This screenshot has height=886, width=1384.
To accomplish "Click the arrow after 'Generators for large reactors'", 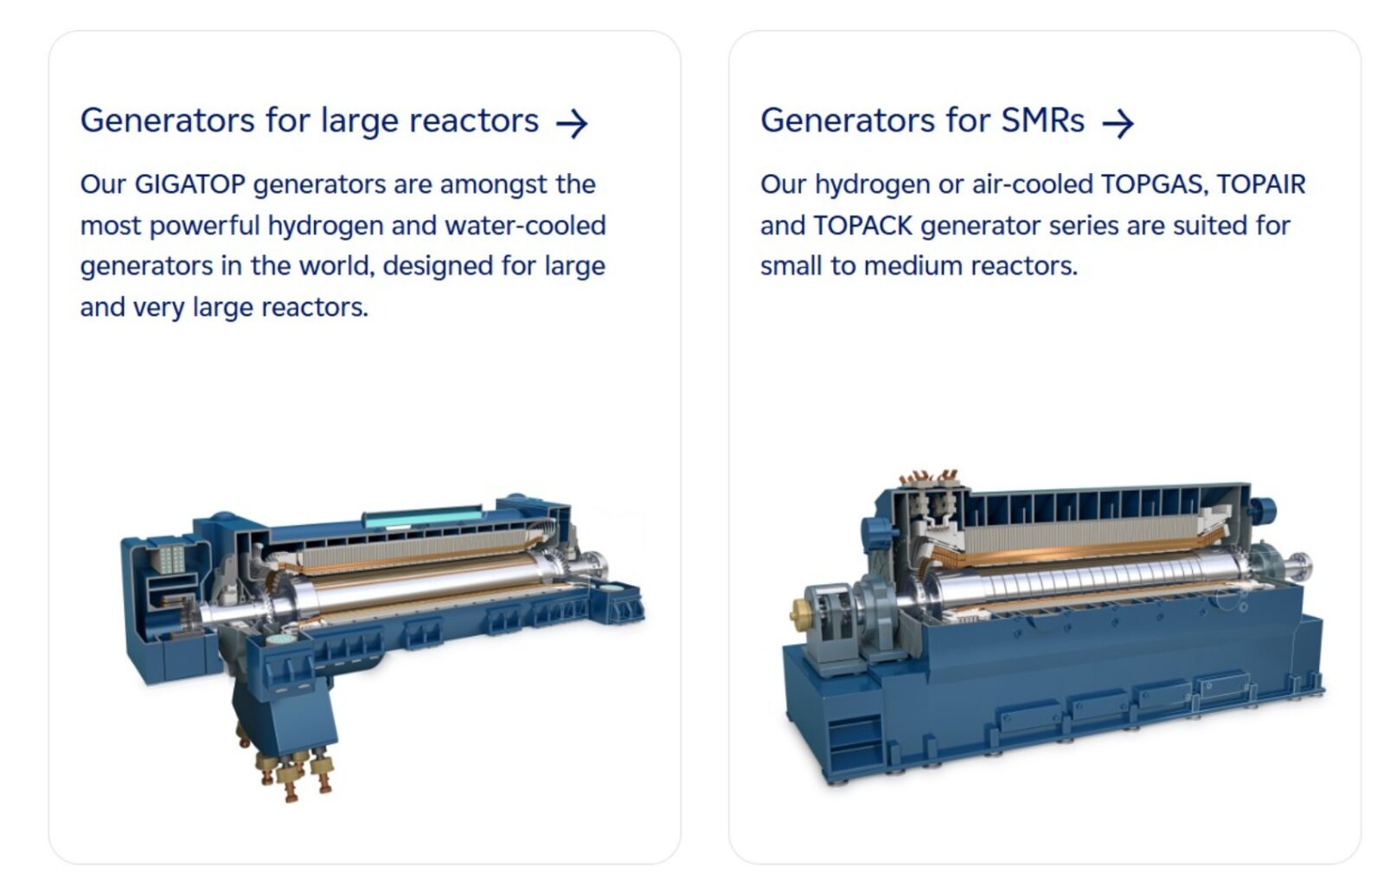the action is click(x=572, y=124).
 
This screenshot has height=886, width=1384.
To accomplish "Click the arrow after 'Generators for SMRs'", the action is click(x=1118, y=124).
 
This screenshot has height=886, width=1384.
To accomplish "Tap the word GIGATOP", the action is click(x=189, y=184).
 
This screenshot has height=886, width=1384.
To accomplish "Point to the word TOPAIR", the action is click(x=1261, y=184).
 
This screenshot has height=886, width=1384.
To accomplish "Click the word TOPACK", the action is click(x=862, y=226).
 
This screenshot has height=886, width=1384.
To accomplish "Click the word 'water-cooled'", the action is click(x=525, y=226).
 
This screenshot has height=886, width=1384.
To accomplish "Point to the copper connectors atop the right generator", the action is click(x=929, y=477).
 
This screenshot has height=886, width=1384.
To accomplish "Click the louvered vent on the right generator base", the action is click(x=855, y=742).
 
